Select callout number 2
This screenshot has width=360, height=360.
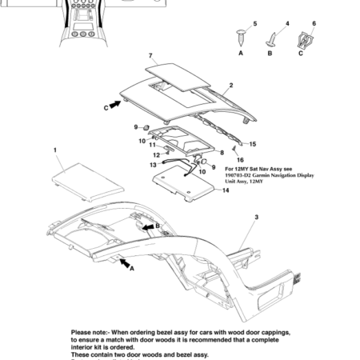231,85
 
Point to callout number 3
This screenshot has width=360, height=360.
256,218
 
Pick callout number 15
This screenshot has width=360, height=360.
253,144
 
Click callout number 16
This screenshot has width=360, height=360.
241,160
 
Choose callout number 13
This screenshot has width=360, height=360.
153,166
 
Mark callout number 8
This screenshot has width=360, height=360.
221,151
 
